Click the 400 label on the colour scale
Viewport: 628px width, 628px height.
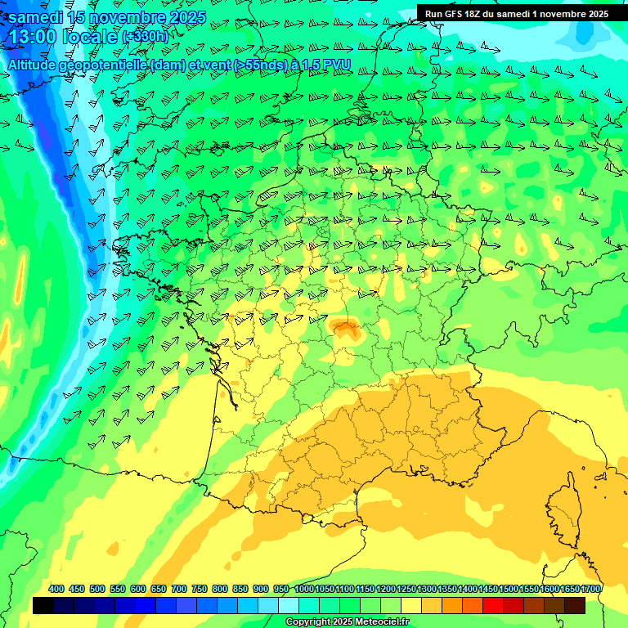[x=56, y=590]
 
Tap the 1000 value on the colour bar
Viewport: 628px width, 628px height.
[x=304, y=590]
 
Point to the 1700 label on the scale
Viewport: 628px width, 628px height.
[x=590, y=590]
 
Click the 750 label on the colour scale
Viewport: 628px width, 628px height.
[x=200, y=590]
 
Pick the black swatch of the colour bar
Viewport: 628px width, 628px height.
[x=43, y=606]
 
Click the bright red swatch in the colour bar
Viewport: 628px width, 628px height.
[x=493, y=606]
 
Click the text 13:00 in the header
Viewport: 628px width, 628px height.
[x=33, y=36]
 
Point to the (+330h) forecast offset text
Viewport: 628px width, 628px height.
[x=145, y=37]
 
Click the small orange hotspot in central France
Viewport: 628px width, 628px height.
[x=346, y=329]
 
